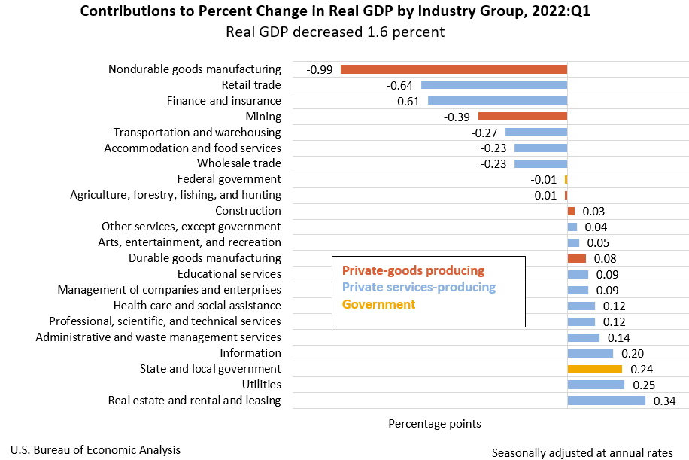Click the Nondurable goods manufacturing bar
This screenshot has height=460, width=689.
(454, 69)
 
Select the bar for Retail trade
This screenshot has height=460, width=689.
(494, 85)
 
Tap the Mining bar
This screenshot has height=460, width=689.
(523, 117)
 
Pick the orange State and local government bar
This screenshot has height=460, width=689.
(594, 369)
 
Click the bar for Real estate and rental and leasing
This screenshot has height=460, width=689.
(606, 401)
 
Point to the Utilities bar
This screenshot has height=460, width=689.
(596, 385)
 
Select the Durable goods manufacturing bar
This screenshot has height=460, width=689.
(576, 258)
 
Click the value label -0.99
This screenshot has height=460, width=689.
(319, 69)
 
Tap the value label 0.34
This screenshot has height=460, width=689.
(665, 401)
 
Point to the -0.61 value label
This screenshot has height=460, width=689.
(407, 101)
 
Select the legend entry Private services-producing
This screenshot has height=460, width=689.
(419, 288)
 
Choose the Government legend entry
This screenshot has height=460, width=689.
(378, 304)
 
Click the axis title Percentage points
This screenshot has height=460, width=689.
(434, 424)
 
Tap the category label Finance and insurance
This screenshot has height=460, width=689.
(223, 101)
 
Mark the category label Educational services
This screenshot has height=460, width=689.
(229, 274)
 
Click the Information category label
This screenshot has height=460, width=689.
(250, 353)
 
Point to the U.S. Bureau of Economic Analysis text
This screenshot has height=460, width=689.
(96, 450)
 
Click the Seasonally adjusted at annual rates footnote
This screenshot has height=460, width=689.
(582, 453)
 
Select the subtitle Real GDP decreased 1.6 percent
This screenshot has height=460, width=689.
(335, 32)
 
